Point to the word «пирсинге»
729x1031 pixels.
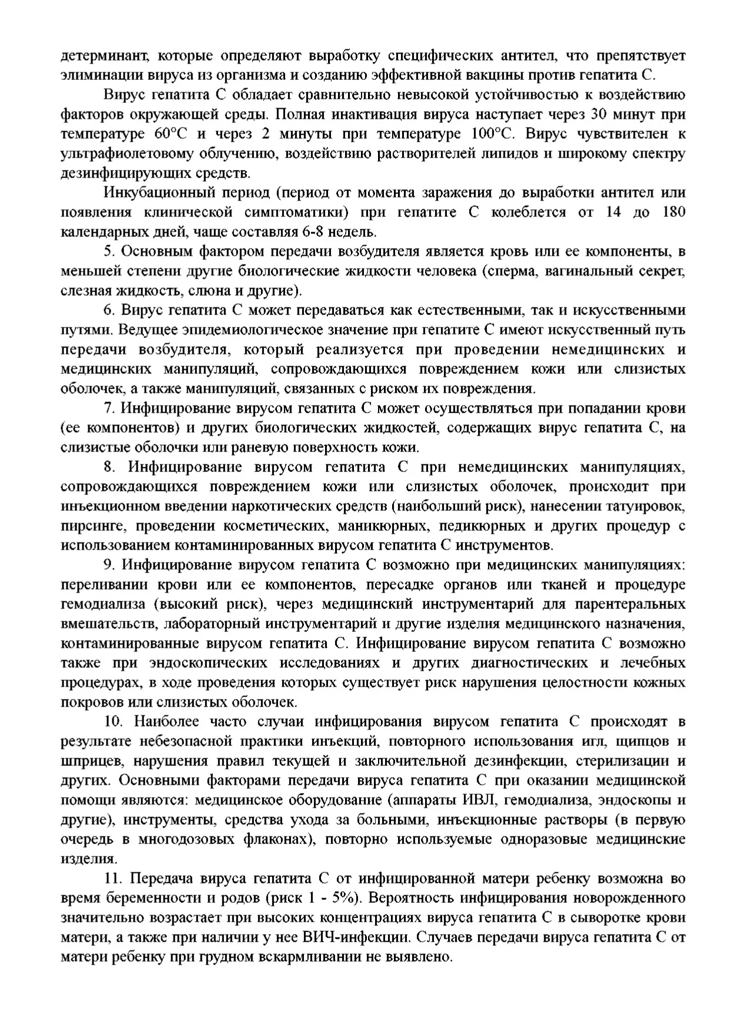[x=89, y=526]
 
